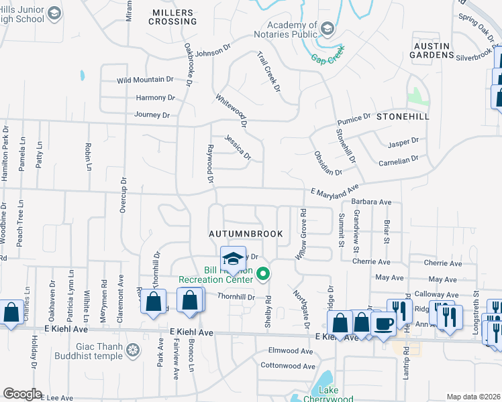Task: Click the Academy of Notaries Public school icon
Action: [327, 28]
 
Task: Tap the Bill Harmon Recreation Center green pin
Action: [264, 274]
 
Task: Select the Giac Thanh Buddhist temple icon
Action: [134, 349]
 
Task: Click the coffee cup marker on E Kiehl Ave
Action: [383, 324]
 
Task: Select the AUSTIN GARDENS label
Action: [432, 50]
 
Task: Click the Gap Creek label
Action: [328, 55]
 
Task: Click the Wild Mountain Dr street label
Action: [145, 80]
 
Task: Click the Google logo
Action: [22, 394]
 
